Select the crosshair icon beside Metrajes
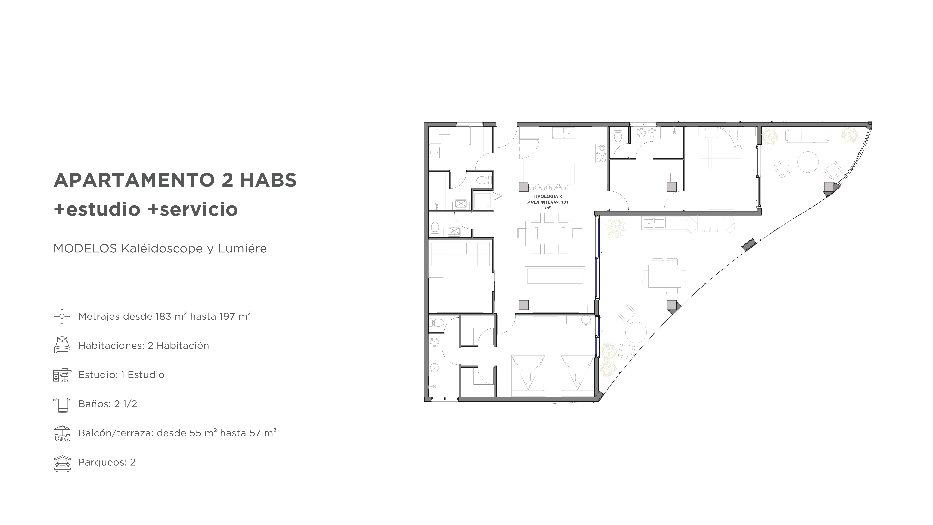[x=62, y=316]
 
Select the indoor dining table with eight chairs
[x=549, y=233]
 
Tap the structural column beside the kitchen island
[x=523, y=186]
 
